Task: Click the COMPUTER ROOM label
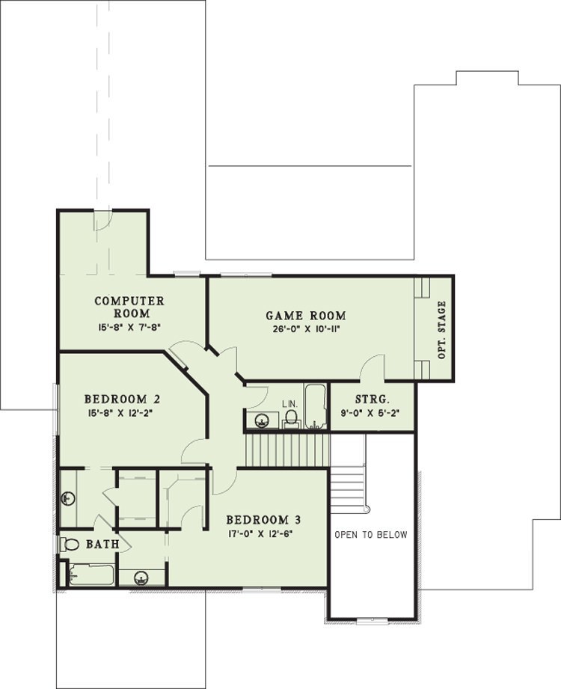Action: (129, 307)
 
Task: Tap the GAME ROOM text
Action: (306, 316)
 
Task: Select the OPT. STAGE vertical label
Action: (442, 330)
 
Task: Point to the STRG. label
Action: (373, 399)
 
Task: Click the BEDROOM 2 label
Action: (122, 399)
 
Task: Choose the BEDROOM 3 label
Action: (263, 520)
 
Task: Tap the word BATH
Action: (102, 544)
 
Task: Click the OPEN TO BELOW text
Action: (371, 535)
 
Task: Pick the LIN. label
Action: (290, 403)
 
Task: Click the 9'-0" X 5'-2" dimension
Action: (373, 413)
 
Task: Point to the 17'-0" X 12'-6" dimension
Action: (260, 534)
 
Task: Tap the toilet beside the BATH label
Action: (70, 545)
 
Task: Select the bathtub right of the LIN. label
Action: (316, 406)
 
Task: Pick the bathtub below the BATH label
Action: (91, 575)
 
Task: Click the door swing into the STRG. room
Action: (373, 367)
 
